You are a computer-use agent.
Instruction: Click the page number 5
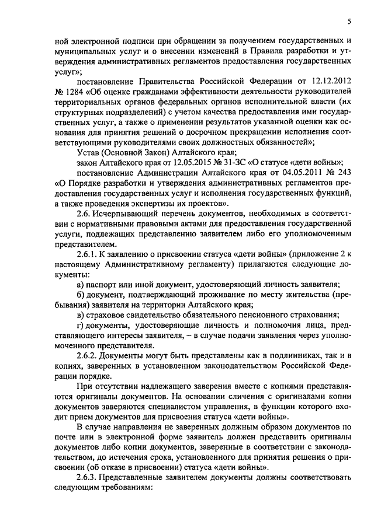[349, 22]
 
